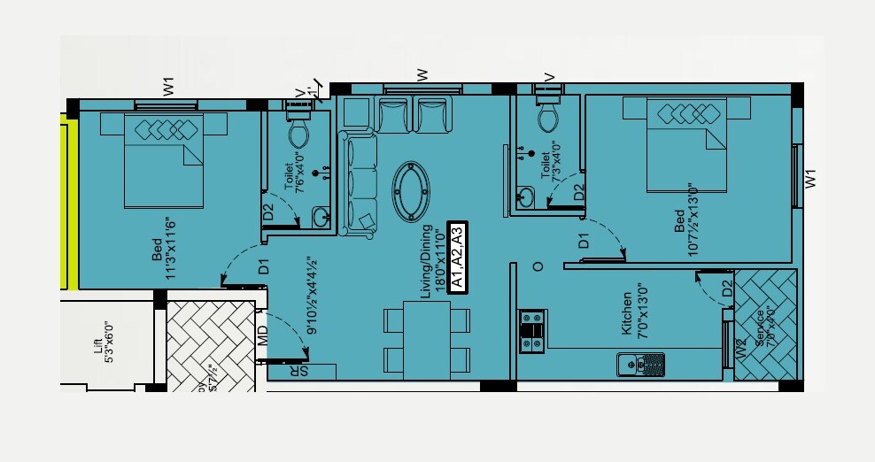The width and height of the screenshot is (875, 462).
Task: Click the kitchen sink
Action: click(x=640, y=362)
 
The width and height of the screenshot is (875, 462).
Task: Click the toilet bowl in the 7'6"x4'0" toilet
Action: click(x=298, y=132)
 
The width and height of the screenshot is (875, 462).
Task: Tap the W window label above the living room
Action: click(x=422, y=74)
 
